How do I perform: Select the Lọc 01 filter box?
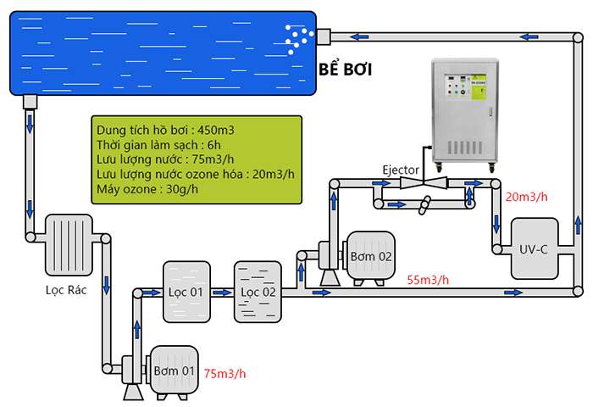click(x=186, y=291)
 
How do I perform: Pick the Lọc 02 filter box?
click(x=258, y=291)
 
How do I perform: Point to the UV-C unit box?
click(x=534, y=248)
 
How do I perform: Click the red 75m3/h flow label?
click(x=225, y=373)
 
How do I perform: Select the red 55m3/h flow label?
click(x=428, y=280)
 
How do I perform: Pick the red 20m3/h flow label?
click(x=527, y=197)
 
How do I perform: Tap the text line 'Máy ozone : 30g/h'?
click(x=150, y=188)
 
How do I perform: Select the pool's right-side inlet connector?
click(x=323, y=36)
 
